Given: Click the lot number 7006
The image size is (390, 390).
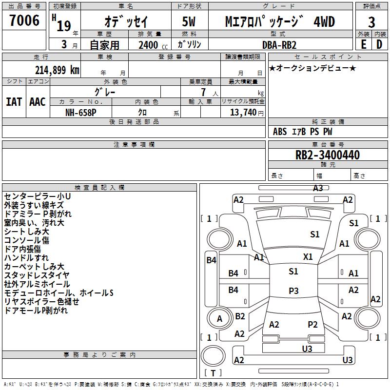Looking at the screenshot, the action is [24, 20].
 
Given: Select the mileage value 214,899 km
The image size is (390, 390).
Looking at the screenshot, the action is [57, 70].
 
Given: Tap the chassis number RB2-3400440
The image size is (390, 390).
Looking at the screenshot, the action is [327, 155].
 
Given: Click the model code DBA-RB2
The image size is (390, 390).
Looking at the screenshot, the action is [279, 45].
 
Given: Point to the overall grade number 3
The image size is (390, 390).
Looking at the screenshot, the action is [371, 22].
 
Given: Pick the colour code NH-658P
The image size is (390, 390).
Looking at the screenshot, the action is [80, 113].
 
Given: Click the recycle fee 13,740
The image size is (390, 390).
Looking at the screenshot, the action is [243, 112].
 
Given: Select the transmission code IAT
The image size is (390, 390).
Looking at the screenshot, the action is [14, 102].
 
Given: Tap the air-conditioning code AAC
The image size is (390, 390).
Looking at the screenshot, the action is [38, 102].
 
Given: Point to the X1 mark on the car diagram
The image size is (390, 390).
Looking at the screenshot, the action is [308, 257].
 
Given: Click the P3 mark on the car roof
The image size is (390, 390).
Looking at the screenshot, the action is [293, 291].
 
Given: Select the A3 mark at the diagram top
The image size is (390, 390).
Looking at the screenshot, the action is [318, 188].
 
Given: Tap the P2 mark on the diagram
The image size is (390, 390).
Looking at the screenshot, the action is [312, 325].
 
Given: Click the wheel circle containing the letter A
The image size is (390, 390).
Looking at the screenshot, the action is [219, 318].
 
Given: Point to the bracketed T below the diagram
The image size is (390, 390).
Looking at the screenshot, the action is [213, 373].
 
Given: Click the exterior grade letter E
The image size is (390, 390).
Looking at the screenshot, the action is [363, 44].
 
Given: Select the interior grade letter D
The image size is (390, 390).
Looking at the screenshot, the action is [379, 44].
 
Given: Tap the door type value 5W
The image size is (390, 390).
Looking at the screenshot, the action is [189, 21].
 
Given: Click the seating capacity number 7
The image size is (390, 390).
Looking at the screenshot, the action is [203, 92].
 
